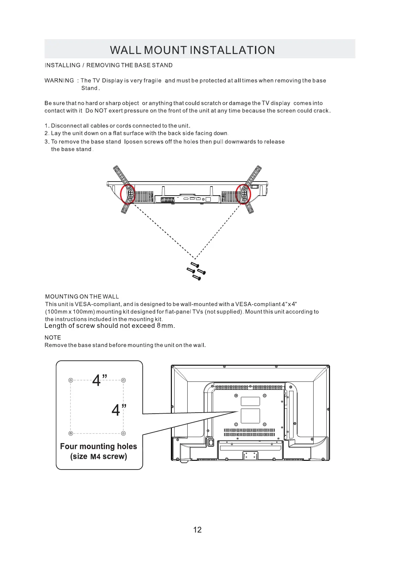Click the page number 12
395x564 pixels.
pos(197,530)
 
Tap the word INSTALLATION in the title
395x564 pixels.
pos(232,50)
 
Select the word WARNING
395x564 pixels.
pos(59,80)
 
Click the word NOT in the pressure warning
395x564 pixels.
pos(101,111)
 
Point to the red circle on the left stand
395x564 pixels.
pos(128,194)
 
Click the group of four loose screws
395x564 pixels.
pos(196,271)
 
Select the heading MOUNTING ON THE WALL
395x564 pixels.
pos(82,296)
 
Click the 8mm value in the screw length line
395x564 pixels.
pos(165,326)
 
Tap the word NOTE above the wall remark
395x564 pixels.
pos(53,337)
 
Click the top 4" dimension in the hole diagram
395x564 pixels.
pos(100,380)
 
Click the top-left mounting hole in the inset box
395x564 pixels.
pos(71,380)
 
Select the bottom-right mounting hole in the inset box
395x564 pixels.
pos(123,433)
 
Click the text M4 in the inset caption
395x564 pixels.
pos(95,457)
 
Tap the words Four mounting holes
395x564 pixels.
pos(98,446)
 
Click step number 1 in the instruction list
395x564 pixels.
pos(47,126)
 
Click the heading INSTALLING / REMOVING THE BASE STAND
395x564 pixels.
pos(109,65)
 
